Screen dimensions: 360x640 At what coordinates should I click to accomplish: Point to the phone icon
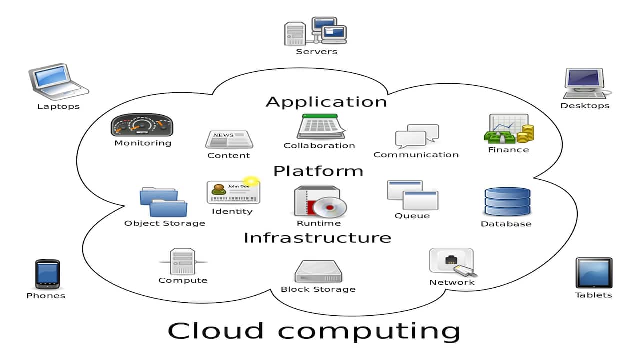pyautogui.click(x=47, y=274)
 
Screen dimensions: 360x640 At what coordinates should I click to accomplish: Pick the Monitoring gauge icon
pyautogui.click(x=142, y=125)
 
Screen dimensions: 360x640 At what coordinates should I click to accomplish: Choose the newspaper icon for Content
pyautogui.click(x=229, y=140)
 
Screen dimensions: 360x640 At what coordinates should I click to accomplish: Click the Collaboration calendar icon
pyautogui.click(x=320, y=127)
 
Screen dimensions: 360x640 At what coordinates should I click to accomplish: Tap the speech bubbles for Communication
pyautogui.click(x=417, y=136)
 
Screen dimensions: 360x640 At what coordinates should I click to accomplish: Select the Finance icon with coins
pyautogui.click(x=508, y=129)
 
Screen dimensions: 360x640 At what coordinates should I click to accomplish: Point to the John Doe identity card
pyautogui.click(x=233, y=192)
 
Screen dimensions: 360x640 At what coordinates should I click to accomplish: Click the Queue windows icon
pyautogui.click(x=412, y=195)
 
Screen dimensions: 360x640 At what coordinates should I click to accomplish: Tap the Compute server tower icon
pyautogui.click(x=182, y=261)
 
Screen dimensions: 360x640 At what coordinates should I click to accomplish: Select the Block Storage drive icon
pyautogui.click(x=318, y=271)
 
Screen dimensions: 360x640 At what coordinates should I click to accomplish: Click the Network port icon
pyautogui.click(x=452, y=262)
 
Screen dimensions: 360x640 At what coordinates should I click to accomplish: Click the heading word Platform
pyautogui.click(x=318, y=171)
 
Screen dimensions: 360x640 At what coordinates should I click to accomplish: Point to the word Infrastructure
pyautogui.click(x=317, y=238)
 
